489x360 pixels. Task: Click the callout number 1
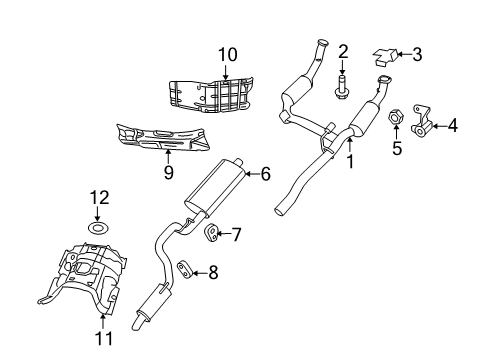tap(350, 159)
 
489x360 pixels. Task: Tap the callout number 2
tap(342, 51)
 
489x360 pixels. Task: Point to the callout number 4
tap(452, 125)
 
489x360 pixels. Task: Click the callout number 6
tap(265, 174)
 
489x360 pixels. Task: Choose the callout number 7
tap(236, 235)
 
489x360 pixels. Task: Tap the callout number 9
tap(168, 173)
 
